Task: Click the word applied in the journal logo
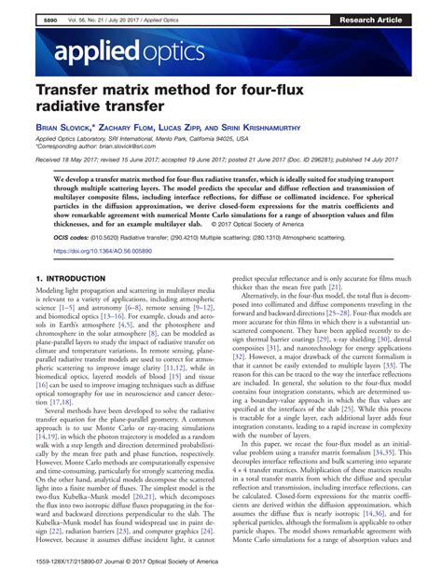[71, 49]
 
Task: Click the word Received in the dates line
[49, 160]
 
